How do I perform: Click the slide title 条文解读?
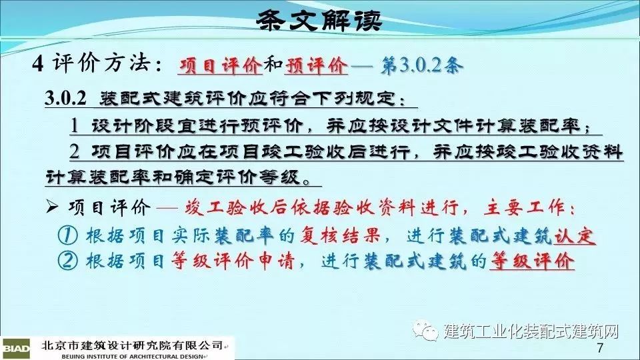pos(319,20)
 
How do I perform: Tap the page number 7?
pos(599,348)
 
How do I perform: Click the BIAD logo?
pos(15,349)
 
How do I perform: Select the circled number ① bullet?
pos(68,235)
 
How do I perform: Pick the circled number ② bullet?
pos(68,261)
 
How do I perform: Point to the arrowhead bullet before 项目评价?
pos(52,207)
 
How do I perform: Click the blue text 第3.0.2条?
pos(422,65)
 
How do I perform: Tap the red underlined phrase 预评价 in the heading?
pos(316,65)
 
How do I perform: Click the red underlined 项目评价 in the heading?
pos(220,65)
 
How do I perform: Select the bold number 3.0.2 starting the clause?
pos(65,99)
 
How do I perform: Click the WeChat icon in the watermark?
pos(426,329)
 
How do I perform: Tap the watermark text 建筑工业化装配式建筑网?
pos(531,331)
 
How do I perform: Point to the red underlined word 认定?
pos(574,235)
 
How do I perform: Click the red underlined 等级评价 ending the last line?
pos(531,261)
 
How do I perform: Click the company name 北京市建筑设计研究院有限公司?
pos(132,346)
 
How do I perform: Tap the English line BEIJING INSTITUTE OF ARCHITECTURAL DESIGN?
pos(132,356)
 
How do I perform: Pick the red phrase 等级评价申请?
pos(232,261)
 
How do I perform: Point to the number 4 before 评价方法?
pos(38,64)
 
